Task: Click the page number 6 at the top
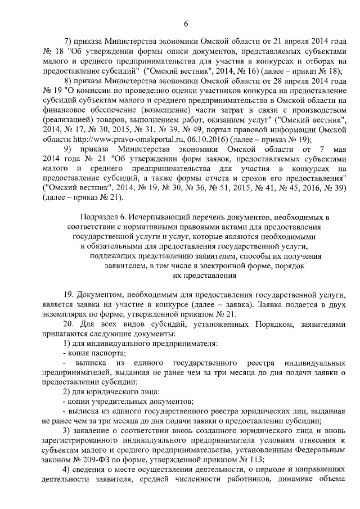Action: coord(185,22)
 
